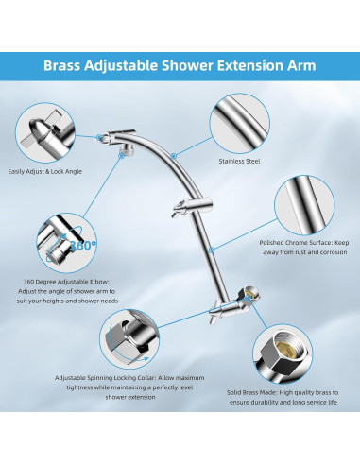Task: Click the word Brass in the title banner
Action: (61, 65)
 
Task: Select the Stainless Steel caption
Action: (239, 161)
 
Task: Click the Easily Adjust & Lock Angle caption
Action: (44, 172)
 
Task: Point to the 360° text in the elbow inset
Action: (83, 245)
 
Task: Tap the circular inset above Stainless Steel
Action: (240, 124)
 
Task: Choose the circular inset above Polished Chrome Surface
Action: (304, 205)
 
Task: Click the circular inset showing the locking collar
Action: (129, 339)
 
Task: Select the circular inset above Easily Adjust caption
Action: (45, 132)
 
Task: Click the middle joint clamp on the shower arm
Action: (192, 206)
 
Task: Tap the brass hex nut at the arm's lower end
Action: (250, 294)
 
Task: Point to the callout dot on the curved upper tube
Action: (173, 156)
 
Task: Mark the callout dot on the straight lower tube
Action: (212, 250)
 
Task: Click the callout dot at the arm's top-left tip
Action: (99, 137)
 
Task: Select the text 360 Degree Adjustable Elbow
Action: (67, 282)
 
